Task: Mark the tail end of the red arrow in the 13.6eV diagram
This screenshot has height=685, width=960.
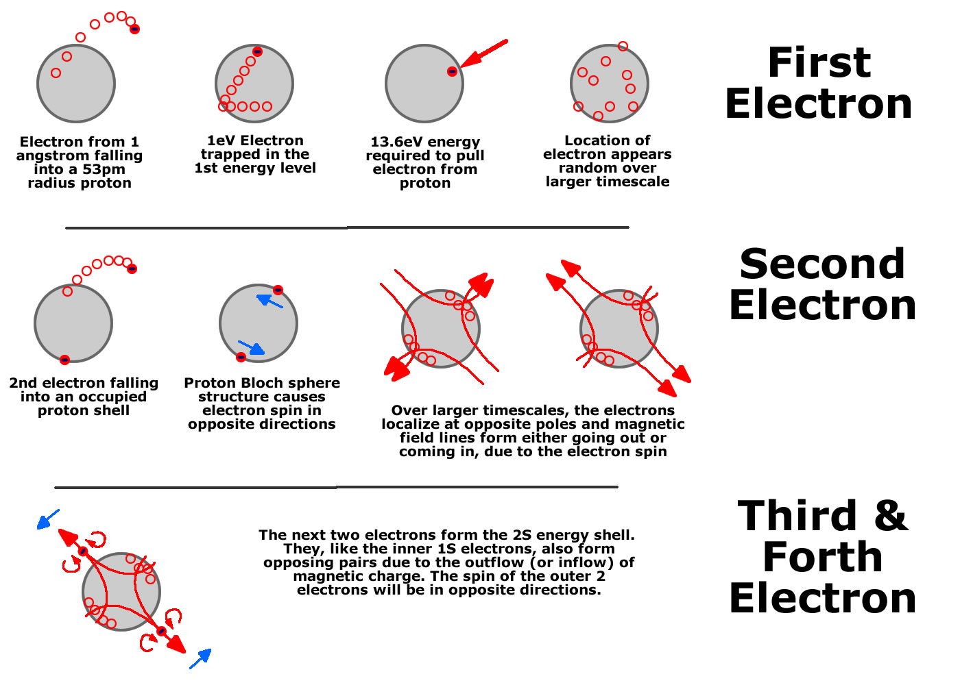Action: (x=507, y=41)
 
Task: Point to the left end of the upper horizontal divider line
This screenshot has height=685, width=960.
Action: (x=66, y=228)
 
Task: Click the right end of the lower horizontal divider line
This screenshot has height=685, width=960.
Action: (x=618, y=487)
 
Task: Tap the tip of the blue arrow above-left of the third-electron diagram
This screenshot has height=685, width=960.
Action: (x=38, y=529)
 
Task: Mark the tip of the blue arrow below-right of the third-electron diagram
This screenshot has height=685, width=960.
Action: (x=211, y=649)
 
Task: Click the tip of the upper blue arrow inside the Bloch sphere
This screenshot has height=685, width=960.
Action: (x=257, y=296)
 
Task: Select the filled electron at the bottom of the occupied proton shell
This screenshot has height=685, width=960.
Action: (x=64, y=360)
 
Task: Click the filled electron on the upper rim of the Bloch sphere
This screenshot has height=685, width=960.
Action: (x=278, y=290)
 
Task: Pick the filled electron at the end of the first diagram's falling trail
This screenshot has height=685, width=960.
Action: (x=134, y=29)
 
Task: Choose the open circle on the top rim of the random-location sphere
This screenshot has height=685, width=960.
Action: (x=623, y=46)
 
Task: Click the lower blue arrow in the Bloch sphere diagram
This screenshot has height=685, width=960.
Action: (x=251, y=348)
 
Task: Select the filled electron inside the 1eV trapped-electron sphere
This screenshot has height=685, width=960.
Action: (x=257, y=52)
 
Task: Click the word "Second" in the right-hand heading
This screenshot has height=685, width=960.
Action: (x=822, y=264)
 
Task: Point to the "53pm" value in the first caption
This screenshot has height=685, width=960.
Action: (x=104, y=170)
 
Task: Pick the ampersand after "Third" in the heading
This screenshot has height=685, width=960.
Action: (x=891, y=515)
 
